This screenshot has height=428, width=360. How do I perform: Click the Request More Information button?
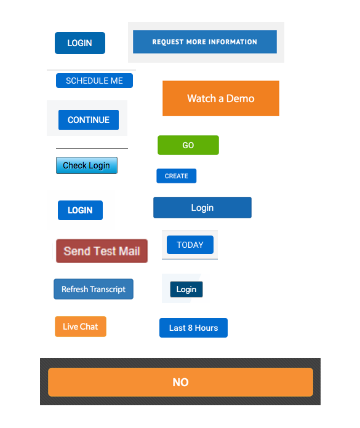[x=204, y=42]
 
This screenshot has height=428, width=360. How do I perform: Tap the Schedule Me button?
[x=94, y=81]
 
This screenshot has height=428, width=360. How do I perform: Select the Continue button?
[x=89, y=120]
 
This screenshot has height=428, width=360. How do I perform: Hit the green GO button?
[x=188, y=145]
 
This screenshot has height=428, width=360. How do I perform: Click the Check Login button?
[x=87, y=165]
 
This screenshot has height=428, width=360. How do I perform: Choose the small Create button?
[x=176, y=176]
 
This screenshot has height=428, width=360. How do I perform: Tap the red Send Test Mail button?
[x=102, y=251]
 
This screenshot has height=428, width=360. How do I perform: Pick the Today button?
[x=190, y=245]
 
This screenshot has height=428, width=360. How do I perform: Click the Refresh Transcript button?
[x=94, y=289]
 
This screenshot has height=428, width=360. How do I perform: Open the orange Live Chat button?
[x=81, y=327]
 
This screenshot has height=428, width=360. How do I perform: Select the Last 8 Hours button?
[x=193, y=328]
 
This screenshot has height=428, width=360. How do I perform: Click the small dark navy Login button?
[x=186, y=290]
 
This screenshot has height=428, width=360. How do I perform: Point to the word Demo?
[x=241, y=98]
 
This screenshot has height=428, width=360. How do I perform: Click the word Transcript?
[x=108, y=290]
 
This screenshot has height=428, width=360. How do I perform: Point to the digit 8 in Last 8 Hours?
[x=190, y=328]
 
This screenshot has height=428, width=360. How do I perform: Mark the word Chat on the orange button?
[x=89, y=327]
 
